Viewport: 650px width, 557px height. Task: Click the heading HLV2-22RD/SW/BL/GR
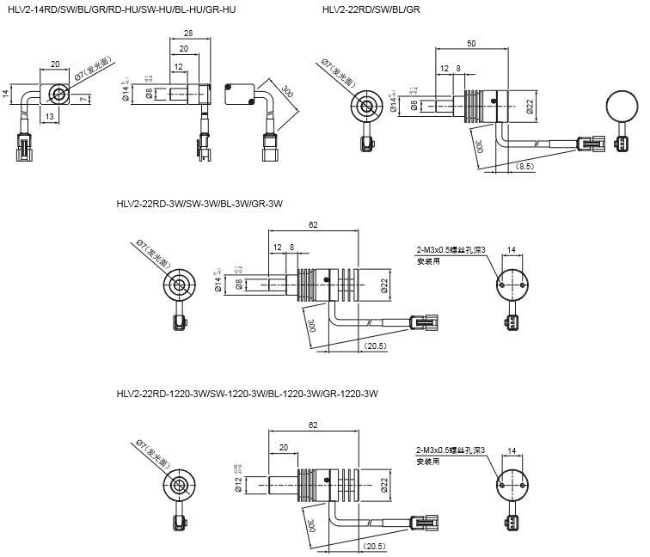[x=371, y=9]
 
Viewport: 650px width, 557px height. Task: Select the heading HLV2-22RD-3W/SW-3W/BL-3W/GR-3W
[x=199, y=204]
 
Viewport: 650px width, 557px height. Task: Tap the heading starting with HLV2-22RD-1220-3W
[x=247, y=394]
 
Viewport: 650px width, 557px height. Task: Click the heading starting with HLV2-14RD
[x=120, y=9]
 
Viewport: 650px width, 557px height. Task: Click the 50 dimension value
[x=471, y=43]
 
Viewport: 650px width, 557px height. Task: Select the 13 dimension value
[x=48, y=116]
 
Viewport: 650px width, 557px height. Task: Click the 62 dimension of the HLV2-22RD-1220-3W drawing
[x=313, y=425]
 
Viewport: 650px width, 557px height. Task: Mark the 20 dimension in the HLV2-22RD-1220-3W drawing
[x=285, y=447]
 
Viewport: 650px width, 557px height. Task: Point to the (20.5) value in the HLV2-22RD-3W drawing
[x=374, y=346]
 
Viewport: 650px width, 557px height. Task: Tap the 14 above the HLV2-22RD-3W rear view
[x=512, y=250]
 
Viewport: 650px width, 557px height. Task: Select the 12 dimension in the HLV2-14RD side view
[x=178, y=67]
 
